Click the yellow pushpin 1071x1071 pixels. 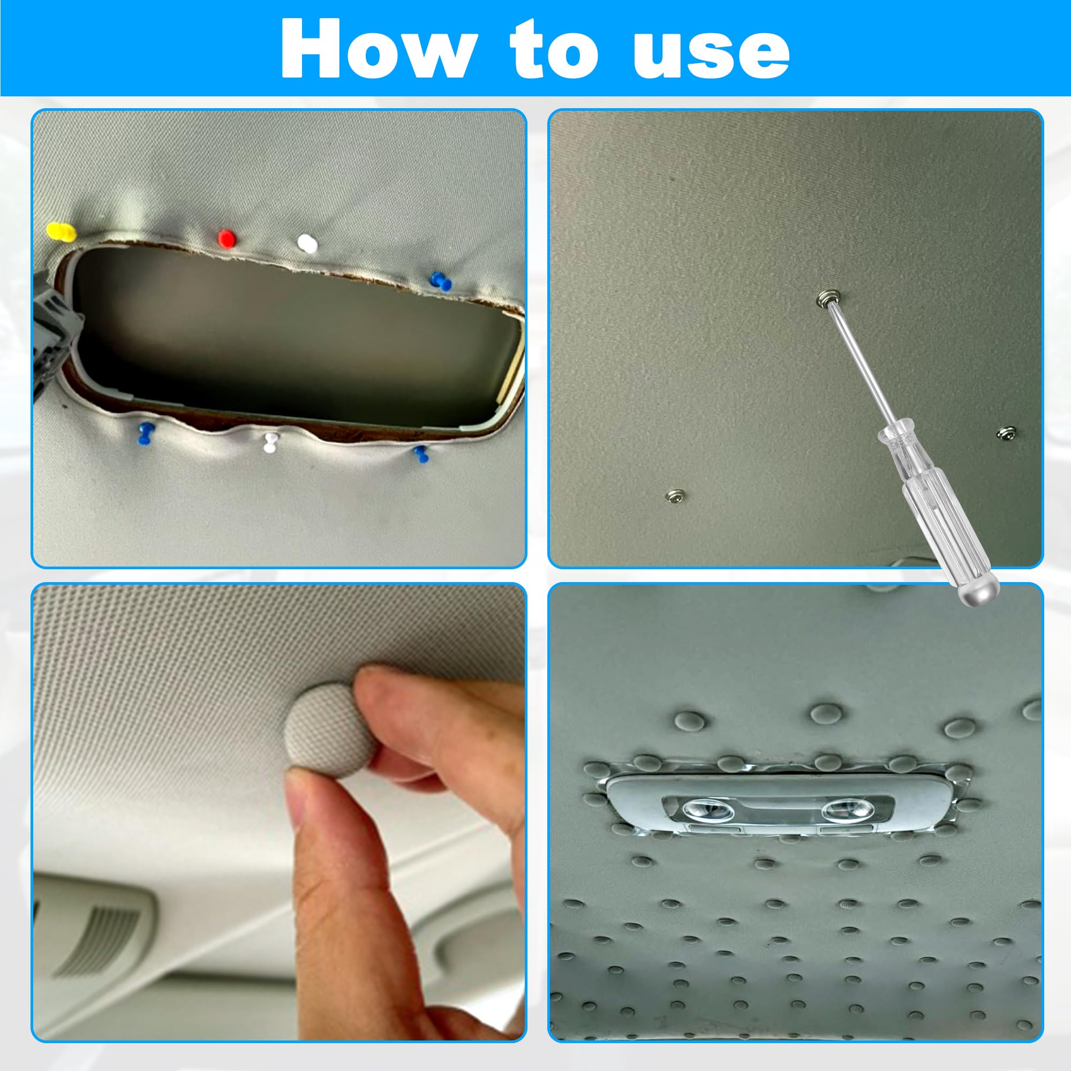62,232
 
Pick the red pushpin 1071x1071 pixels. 226,238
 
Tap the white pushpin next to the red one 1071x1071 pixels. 306,243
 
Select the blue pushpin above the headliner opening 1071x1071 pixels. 441,282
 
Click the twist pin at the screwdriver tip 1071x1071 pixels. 826,300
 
